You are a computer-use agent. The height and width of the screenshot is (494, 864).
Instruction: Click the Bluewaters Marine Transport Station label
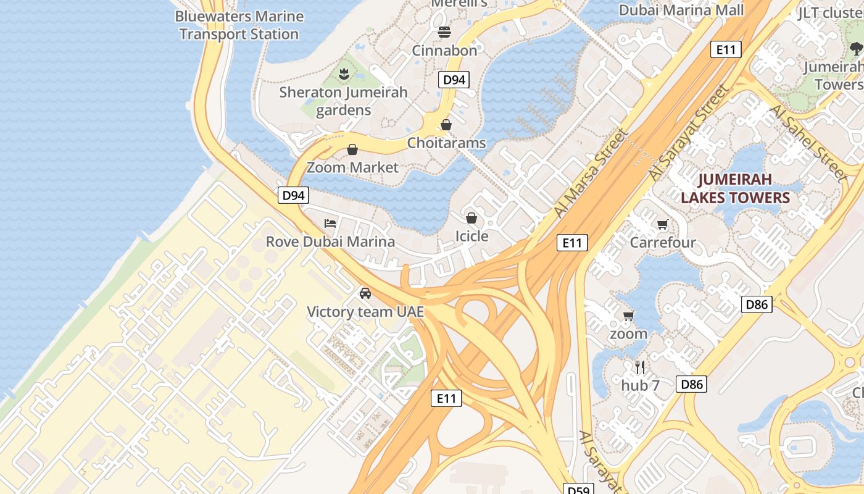[x=239, y=25]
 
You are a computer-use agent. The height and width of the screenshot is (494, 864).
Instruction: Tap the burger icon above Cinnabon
[x=444, y=31]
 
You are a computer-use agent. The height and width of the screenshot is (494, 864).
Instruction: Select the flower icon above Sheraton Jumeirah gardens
[x=344, y=74]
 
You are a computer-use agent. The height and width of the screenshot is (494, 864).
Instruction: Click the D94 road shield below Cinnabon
[x=454, y=80]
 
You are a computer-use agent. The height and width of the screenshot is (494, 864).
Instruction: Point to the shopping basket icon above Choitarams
[x=446, y=125]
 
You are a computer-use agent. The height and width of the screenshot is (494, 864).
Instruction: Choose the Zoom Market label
[x=352, y=167]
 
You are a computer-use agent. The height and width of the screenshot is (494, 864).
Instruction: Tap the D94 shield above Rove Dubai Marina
[x=293, y=196]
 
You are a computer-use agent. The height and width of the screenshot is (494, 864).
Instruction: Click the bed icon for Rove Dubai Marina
[x=330, y=223]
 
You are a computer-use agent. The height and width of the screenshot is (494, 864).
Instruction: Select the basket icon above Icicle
[x=471, y=218]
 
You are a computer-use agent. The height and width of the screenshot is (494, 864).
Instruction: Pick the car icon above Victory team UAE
[x=365, y=293]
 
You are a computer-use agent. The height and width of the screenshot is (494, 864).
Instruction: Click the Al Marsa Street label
[x=591, y=174]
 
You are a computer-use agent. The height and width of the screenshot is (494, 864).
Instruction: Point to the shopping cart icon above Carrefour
[x=663, y=224]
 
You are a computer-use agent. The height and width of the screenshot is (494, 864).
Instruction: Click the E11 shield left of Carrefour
[x=571, y=243]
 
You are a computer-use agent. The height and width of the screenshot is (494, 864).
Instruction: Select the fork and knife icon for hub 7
[x=640, y=367]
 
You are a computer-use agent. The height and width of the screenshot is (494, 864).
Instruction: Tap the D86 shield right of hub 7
[x=691, y=384]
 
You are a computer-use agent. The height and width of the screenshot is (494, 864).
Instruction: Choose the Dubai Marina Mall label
[x=681, y=10]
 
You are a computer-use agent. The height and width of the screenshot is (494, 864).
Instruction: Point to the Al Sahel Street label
[x=808, y=143]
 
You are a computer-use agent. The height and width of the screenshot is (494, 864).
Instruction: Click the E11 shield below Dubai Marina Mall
[x=725, y=49]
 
